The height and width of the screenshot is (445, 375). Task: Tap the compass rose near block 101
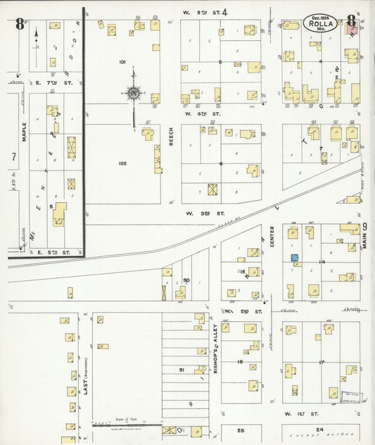134,92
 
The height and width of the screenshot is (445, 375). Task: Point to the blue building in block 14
295,258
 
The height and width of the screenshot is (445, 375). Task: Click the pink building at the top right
352,29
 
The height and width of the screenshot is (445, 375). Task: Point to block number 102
122,163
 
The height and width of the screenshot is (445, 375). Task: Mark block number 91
181,370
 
